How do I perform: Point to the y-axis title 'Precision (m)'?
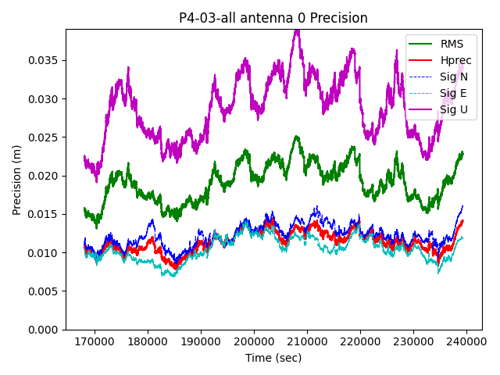(17, 179)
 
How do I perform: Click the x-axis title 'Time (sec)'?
(273, 358)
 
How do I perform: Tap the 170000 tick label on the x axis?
(95, 341)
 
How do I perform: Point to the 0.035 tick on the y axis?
(45, 60)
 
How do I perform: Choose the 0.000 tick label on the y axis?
(45, 330)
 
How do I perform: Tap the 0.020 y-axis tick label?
(45, 176)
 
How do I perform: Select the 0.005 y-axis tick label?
(45, 291)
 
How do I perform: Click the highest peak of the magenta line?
(297, 30)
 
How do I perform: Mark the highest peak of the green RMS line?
(297, 137)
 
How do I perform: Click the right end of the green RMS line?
(462, 153)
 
